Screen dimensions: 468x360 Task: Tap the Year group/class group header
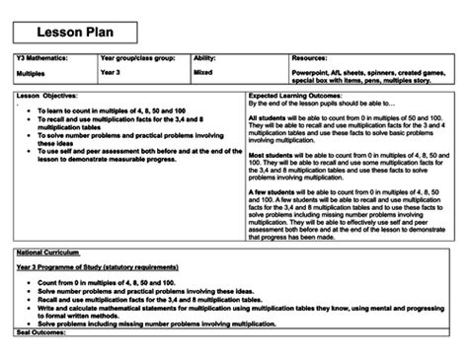coord(136,59)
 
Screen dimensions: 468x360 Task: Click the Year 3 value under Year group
coord(112,72)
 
